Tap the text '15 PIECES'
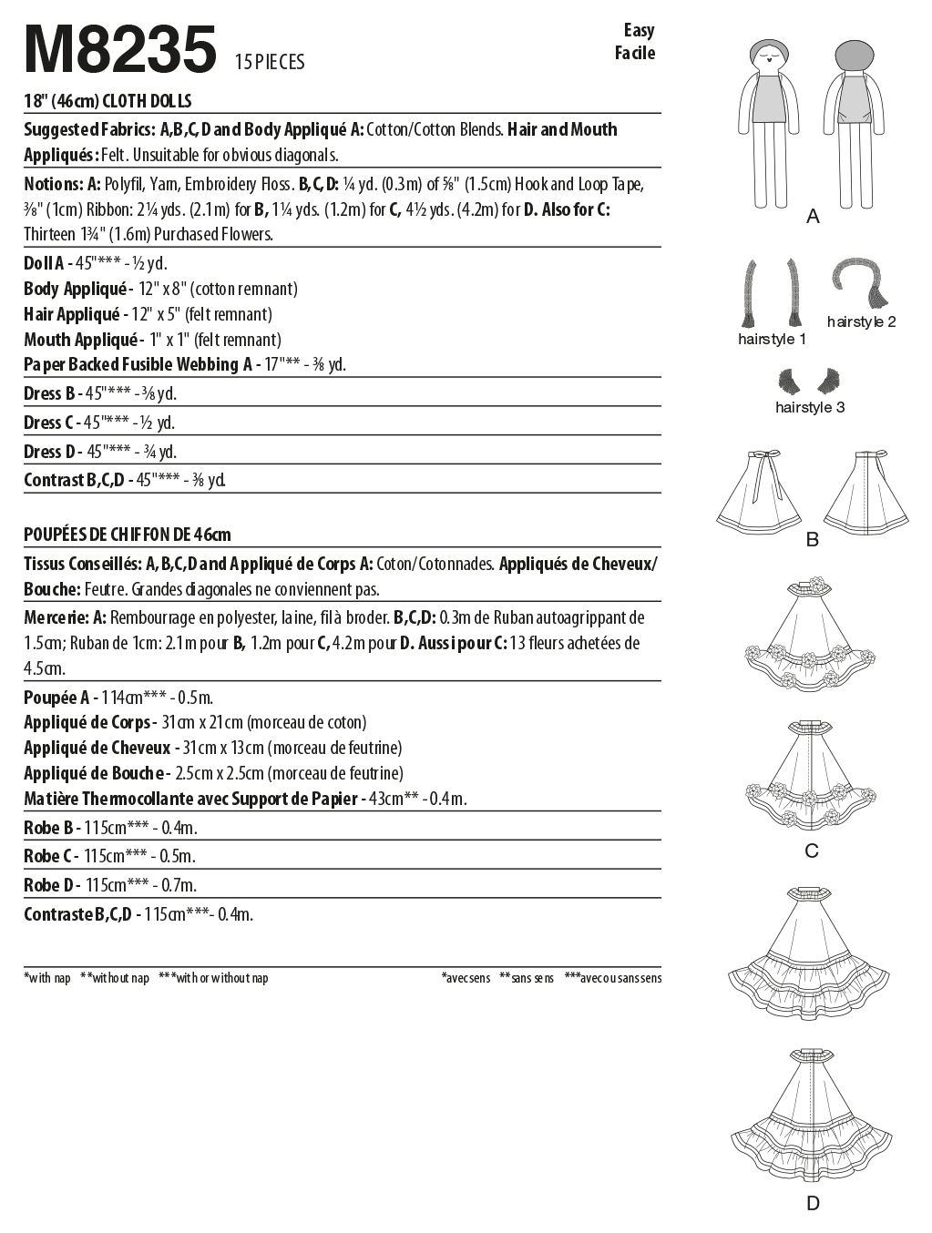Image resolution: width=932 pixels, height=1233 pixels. coord(270,63)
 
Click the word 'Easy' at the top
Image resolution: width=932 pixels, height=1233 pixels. coord(639,30)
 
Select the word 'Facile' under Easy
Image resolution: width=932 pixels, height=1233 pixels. coord(634,53)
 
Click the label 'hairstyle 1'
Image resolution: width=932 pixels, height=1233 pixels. coord(772,340)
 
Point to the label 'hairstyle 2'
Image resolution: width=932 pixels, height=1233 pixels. coord(861,321)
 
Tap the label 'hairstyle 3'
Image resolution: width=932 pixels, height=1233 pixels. coord(810,407)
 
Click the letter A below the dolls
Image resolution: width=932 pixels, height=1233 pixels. coord(813,217)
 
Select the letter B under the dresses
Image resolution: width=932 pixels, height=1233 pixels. coord(812,540)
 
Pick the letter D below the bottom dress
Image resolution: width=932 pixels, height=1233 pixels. coord(813,1204)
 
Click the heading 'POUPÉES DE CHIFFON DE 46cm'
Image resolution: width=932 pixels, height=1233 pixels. coord(128,534)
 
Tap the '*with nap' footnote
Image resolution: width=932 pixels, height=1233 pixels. coord(47,978)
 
